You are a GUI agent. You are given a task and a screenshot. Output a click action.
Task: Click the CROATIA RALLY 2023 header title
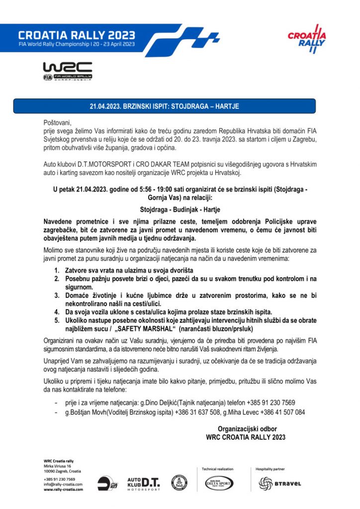pos(76,35)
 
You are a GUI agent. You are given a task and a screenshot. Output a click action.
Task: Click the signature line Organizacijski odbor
pos(247,428)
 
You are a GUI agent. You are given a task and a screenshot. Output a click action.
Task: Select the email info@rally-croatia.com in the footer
pos(63,484)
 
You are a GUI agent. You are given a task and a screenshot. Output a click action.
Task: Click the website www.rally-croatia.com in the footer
pos(63,489)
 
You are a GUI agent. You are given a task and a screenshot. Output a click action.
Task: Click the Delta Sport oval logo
pos(219,482)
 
